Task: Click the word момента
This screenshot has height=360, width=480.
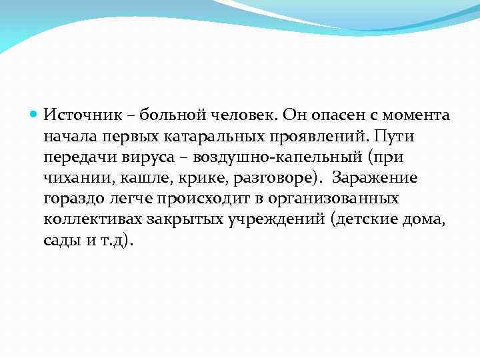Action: (415, 115)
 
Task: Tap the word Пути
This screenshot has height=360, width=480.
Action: (396, 137)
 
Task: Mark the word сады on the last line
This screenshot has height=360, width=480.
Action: (61, 242)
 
